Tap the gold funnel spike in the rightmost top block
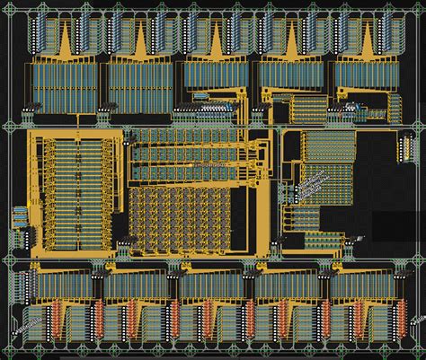pos(368,40)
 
